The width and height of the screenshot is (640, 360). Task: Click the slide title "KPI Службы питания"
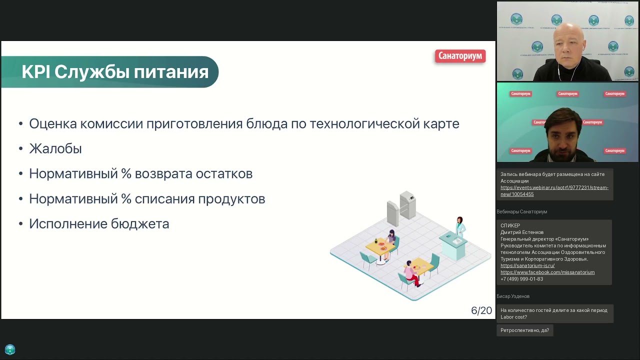[x=114, y=72]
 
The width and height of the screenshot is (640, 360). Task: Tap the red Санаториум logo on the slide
[x=460, y=56]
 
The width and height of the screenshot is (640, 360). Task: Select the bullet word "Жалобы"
[x=55, y=148]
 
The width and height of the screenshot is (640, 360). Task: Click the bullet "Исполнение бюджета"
[x=99, y=223]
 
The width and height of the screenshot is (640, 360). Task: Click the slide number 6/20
[x=481, y=310]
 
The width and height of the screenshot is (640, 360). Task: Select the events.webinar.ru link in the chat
[x=554, y=190]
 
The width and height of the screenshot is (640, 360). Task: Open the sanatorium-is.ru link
[x=527, y=265]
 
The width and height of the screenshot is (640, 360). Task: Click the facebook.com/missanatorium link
[x=547, y=272]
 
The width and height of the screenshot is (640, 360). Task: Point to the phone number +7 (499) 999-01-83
[x=521, y=279]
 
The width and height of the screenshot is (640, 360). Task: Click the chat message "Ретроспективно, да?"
[x=524, y=330]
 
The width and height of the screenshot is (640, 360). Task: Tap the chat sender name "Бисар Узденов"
[x=513, y=296]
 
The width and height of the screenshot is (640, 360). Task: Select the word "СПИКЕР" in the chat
[x=510, y=225]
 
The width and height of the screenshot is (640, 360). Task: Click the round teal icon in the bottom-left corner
[x=10, y=349]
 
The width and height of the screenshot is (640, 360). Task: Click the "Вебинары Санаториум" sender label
[x=521, y=211]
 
